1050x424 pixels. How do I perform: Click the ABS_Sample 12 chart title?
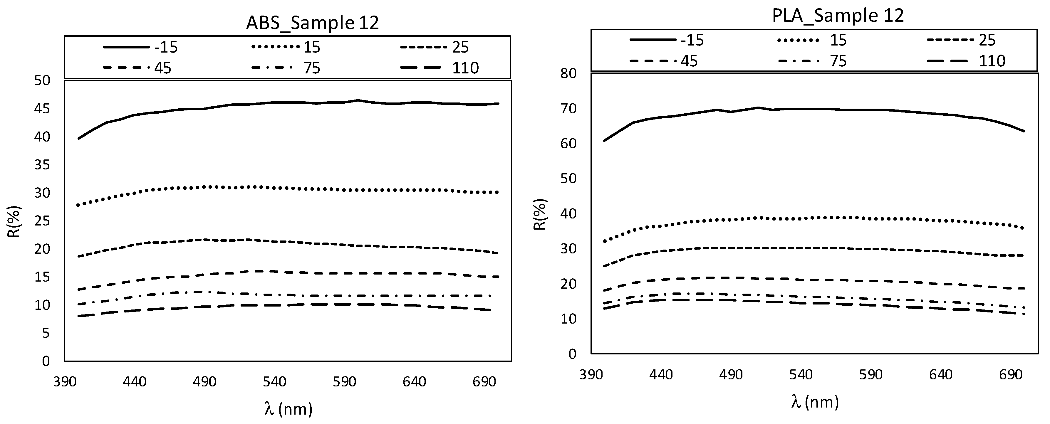pyautogui.click(x=312, y=23)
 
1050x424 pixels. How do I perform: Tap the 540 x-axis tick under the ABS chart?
pyautogui.click(x=274, y=382)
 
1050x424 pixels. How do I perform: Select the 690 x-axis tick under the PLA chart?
pyautogui.click(x=1010, y=374)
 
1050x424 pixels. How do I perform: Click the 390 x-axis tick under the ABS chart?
pyautogui.click(x=65, y=382)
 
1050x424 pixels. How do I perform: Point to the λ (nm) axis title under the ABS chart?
pyautogui.click(x=288, y=408)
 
